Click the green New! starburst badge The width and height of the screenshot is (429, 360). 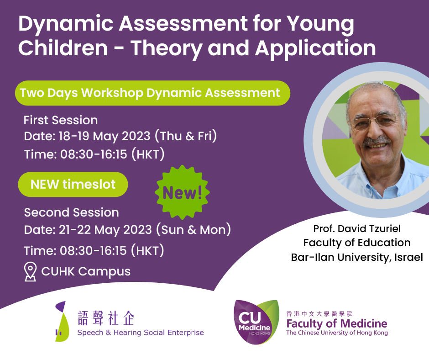pyautogui.click(x=182, y=192)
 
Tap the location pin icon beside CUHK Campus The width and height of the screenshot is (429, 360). pyautogui.click(x=30, y=271)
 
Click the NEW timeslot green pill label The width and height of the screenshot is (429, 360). pyautogui.click(x=73, y=185)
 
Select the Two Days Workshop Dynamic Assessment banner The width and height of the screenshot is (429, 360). pyautogui.click(x=150, y=93)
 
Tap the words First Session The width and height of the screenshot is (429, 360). pyautogui.click(x=61, y=120)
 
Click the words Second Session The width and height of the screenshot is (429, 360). pyautogui.click(x=72, y=212)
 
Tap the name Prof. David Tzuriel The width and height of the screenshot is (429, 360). pyautogui.click(x=357, y=228)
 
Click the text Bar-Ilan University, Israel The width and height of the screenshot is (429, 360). pyautogui.click(x=357, y=257)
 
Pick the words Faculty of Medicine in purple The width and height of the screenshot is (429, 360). pyautogui.click(x=336, y=323)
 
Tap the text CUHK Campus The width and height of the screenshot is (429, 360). pyautogui.click(x=86, y=271)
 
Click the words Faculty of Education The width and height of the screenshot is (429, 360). pyautogui.click(x=357, y=242)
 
